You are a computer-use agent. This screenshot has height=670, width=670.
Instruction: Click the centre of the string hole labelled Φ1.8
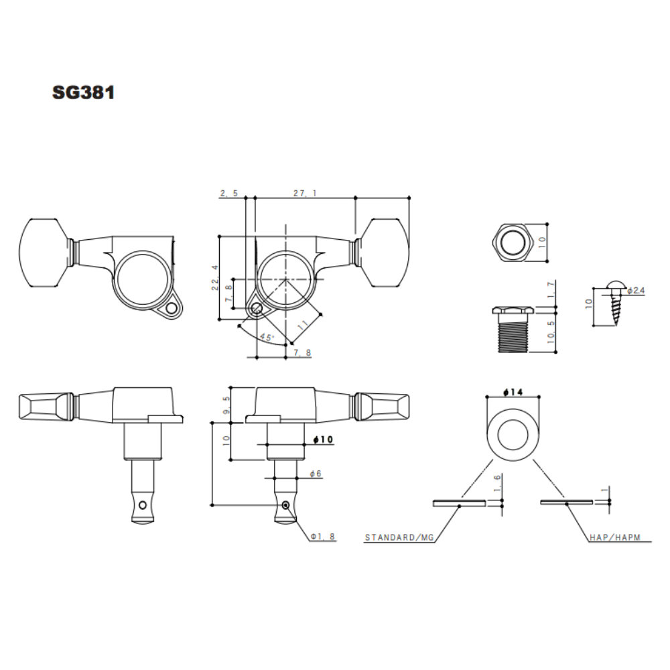click(286, 505)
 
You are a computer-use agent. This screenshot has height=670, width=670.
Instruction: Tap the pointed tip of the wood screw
click(616, 326)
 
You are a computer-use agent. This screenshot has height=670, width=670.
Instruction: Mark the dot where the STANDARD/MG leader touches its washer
click(460, 506)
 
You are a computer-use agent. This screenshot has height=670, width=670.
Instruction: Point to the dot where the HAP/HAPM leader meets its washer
click(567, 505)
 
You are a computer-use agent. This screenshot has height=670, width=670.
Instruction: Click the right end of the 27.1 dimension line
click(409, 198)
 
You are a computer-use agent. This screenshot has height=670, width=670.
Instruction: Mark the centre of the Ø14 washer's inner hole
click(513, 435)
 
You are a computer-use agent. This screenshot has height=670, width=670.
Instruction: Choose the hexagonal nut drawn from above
click(513, 243)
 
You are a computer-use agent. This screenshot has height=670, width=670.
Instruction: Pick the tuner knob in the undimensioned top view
click(44, 253)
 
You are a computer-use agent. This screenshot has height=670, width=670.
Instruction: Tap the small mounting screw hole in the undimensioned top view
click(172, 308)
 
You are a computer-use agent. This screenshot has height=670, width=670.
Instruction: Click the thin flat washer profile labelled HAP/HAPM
click(566, 502)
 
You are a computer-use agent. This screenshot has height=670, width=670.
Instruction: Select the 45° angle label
click(267, 337)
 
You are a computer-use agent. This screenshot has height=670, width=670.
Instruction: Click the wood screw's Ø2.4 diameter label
click(636, 291)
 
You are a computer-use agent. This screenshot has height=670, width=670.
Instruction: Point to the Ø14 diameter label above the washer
click(513, 392)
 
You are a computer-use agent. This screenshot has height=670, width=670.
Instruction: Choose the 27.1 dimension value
click(305, 193)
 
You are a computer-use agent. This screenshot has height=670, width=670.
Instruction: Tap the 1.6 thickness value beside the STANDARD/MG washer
click(497, 483)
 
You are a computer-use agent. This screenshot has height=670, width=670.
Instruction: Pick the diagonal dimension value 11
click(303, 325)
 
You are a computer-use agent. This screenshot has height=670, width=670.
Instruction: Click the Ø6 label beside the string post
click(316, 474)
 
